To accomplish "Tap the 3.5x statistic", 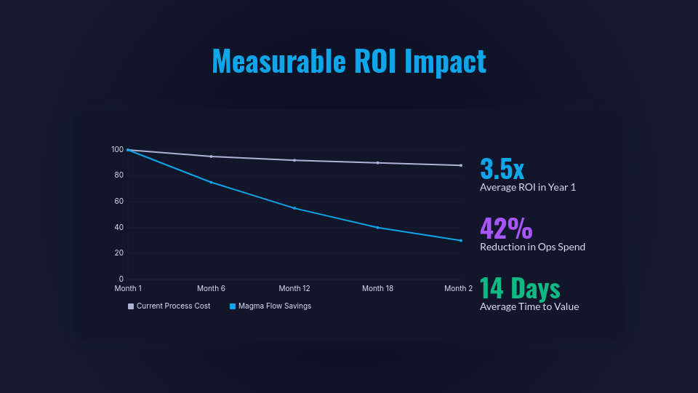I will pos(502,168).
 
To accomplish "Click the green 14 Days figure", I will pos(520,287).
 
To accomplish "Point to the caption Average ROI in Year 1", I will pos(528,188).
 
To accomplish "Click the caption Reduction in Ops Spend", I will pos(532,247).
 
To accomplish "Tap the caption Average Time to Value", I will pos(529,306).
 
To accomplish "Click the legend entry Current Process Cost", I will pos(173,306).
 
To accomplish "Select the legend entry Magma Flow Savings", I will pos(275,306).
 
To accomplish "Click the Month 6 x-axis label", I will pos(211,289).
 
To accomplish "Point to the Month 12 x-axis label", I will pos(294,289).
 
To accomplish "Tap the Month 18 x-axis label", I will pos(377,289).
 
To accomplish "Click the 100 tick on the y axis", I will pos(117,150).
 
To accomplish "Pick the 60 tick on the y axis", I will pos(119,202).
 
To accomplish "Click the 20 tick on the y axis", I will pos(119,253).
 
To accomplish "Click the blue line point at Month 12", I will pos(294,208).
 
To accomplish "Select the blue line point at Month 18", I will pos(378,228).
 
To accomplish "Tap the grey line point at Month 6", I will pos(211,156).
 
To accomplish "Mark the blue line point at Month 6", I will pos(211,182).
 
